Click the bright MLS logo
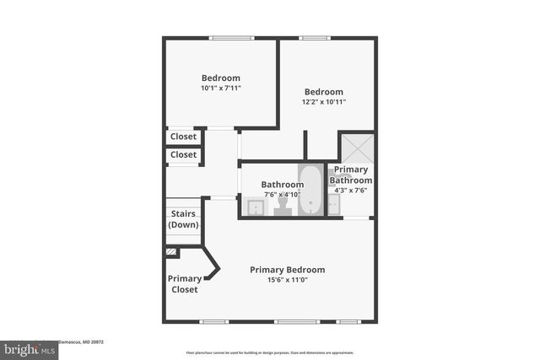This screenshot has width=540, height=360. point(28,348)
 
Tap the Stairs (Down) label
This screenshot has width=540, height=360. point(183,219)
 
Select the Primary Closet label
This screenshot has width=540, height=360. point(184,284)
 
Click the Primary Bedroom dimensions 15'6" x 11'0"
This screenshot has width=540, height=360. point(287,280)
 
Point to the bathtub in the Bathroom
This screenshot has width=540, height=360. point(310,190)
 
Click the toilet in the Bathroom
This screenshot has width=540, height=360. point(283,207)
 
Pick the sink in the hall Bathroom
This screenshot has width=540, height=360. point(253,206)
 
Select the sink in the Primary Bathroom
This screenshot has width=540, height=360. point(334,205)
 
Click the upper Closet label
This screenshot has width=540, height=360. point(183,137)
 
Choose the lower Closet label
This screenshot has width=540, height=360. point(183,155)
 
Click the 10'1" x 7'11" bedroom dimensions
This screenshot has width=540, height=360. point(221,88)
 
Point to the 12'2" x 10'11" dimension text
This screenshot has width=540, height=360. point(324,102)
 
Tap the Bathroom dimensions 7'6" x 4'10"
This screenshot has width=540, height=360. point(282,195)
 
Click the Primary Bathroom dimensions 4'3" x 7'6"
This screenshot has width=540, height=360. point(350,190)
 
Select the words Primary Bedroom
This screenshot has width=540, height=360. point(287,270)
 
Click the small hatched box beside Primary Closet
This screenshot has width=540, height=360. point(172,251)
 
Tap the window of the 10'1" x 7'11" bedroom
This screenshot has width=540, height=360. point(232,37)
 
